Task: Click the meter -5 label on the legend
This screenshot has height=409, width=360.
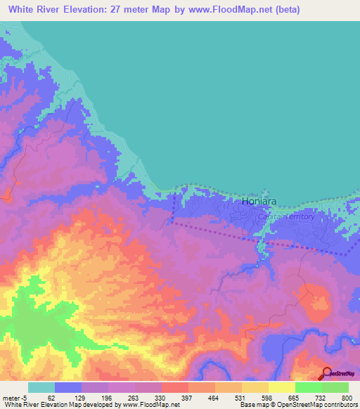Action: pos(15,397)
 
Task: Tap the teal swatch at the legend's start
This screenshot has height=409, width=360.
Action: pos(41,387)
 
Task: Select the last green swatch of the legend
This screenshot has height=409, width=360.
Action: pos(335,387)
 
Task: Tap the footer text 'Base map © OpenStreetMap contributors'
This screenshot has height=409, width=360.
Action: pos(297,405)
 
